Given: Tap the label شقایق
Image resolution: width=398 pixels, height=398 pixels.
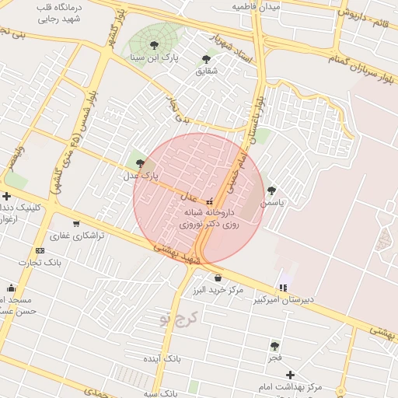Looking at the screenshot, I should (x=206, y=71).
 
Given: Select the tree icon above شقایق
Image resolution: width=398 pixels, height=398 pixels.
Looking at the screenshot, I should (x=206, y=58).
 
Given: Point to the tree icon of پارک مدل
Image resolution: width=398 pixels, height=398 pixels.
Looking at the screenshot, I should (x=140, y=163).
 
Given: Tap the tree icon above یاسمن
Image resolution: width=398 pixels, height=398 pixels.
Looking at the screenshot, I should (x=271, y=190).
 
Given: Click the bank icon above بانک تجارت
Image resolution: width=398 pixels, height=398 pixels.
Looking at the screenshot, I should (x=40, y=250).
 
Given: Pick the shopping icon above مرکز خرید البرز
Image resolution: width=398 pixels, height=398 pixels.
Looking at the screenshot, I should (x=218, y=278).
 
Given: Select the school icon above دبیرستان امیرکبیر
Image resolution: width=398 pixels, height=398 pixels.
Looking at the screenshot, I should (x=282, y=288).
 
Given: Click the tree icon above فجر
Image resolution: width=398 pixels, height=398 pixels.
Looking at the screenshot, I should (x=274, y=346).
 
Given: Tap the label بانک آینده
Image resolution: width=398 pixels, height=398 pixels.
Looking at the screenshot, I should (x=162, y=359).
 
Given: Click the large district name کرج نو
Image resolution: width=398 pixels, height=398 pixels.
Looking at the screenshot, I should (x=178, y=318).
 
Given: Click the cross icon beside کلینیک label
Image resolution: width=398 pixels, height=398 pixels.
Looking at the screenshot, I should (x=7, y=195).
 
